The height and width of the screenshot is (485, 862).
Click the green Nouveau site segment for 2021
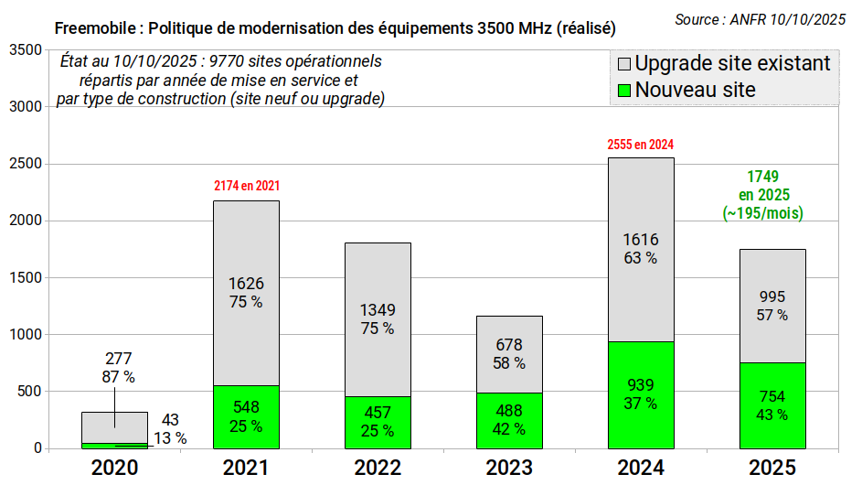[246, 417]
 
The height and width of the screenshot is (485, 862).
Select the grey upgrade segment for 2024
[641, 250]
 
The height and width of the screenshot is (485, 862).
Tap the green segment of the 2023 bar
[510, 421]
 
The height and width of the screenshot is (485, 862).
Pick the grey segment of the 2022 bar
[378, 320]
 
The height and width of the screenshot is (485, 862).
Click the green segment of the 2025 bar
[773, 405]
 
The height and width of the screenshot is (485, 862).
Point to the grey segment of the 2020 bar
[115, 427]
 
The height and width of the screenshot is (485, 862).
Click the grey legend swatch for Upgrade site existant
[624, 64]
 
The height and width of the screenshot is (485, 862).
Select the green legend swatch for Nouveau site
[624, 91]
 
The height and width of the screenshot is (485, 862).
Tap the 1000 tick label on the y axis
[26, 334]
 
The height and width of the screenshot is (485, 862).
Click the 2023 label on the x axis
[509, 468]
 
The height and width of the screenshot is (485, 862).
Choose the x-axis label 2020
[114, 468]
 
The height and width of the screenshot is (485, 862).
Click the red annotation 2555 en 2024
[641, 145]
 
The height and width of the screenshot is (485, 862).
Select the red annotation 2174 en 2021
[247, 186]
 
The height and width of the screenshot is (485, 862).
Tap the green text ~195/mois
[763, 213]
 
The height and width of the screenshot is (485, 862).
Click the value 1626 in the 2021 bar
[246, 284]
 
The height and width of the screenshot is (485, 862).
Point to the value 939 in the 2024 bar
[641, 385]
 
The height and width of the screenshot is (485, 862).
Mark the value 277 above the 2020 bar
[119, 359]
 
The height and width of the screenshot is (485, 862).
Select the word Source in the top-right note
[697, 20]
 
